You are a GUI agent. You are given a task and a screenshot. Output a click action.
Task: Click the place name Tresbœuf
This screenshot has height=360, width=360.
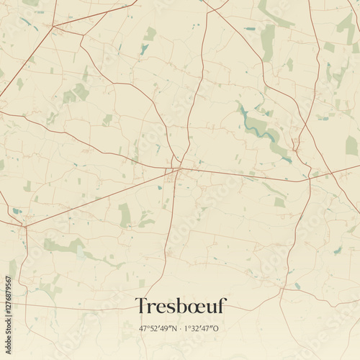click(180, 307)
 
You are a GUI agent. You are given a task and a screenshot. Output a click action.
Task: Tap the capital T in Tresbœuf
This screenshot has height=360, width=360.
click(141, 307)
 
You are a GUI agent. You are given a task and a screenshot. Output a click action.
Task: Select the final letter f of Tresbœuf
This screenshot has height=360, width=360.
click(221, 306)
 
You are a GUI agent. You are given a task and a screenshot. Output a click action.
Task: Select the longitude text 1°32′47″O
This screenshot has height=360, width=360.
click(202, 328)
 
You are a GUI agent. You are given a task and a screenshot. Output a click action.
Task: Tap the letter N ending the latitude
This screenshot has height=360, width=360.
click(175, 328)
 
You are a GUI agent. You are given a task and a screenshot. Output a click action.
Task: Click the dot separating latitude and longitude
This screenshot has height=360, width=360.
click(181, 328)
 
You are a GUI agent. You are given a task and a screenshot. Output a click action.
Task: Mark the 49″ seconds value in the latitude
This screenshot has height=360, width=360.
click(167, 328)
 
